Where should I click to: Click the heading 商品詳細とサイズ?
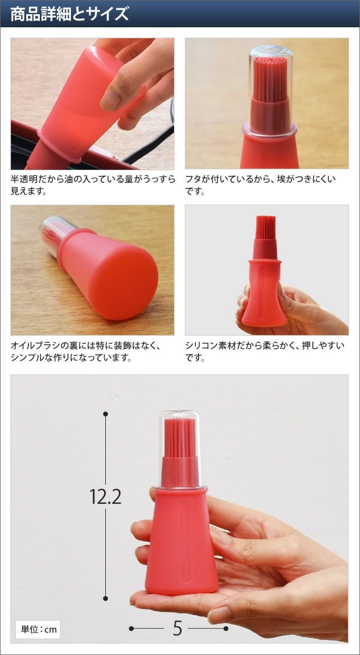69,14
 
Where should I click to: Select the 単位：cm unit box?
38,629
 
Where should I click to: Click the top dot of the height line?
106,414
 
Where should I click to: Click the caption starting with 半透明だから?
93,185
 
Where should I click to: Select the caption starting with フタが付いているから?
261,185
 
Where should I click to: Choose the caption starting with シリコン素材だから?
265,352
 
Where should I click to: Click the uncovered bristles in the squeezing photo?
266,228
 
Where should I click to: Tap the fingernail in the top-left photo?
110,99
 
